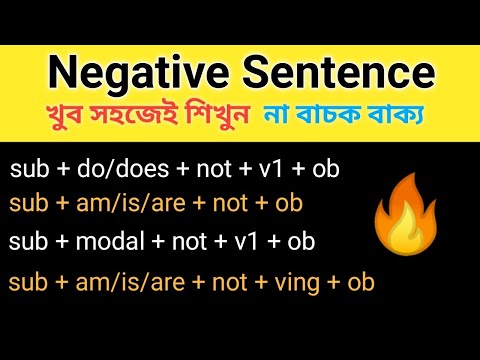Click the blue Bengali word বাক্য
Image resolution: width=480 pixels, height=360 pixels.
(x=412, y=119)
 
